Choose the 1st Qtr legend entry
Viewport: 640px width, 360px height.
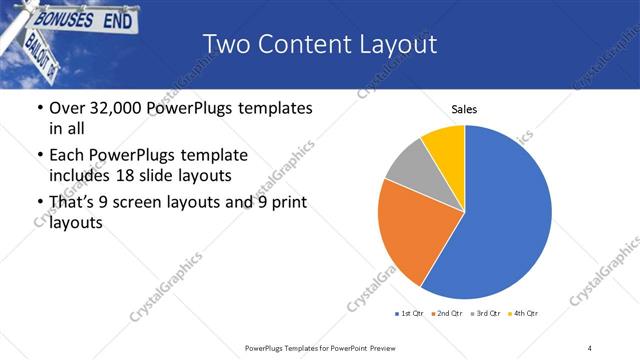(411, 314)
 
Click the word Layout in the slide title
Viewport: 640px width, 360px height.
(395, 44)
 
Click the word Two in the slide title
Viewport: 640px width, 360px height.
(225, 44)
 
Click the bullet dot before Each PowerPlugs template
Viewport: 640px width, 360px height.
(39, 155)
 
